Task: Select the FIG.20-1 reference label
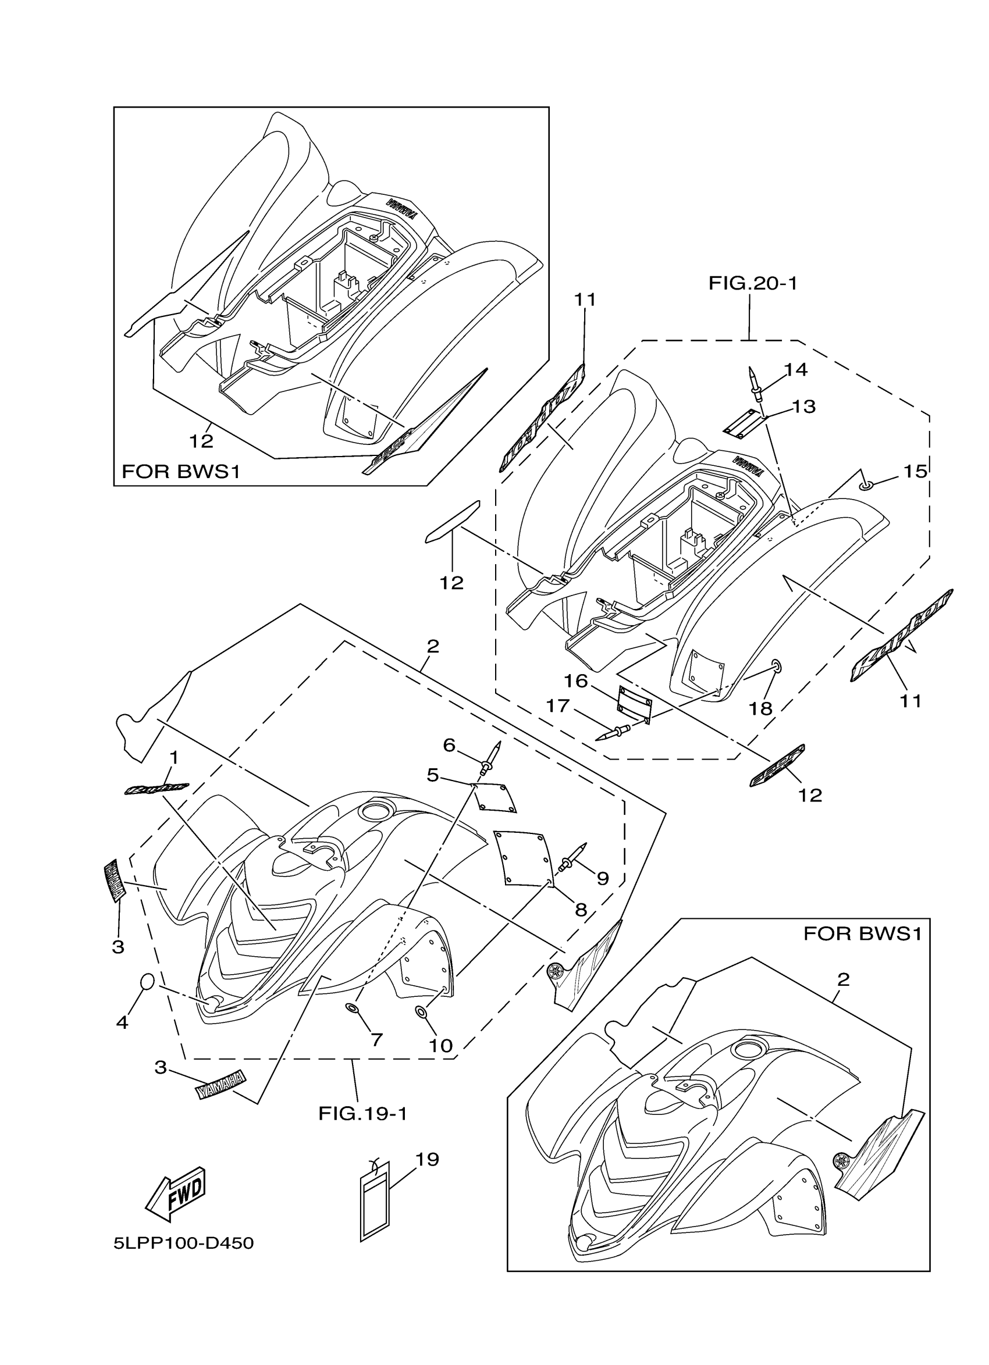(752, 283)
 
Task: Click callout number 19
(428, 1159)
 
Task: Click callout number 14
(796, 369)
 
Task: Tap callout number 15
(915, 471)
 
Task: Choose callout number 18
(760, 708)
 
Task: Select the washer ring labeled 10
(422, 1014)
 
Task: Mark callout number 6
(449, 745)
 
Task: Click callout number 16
(575, 680)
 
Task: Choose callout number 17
(557, 705)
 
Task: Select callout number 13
(803, 407)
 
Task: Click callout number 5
(433, 775)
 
